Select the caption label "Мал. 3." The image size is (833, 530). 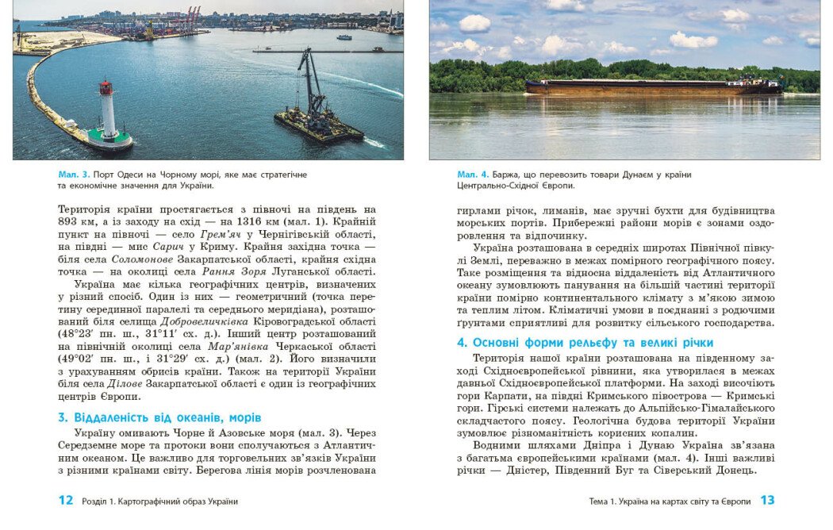pyautogui.click(x=74, y=174)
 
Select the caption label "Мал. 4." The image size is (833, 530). pyautogui.click(x=473, y=174)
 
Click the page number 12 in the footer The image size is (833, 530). pyautogui.click(x=66, y=501)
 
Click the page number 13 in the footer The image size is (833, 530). pyautogui.click(x=767, y=501)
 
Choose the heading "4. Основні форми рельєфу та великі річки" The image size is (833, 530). pyautogui.click(x=585, y=343)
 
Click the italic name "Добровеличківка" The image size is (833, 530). pyautogui.click(x=205, y=321)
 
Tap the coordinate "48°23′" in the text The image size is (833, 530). pyautogui.click(x=76, y=333)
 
